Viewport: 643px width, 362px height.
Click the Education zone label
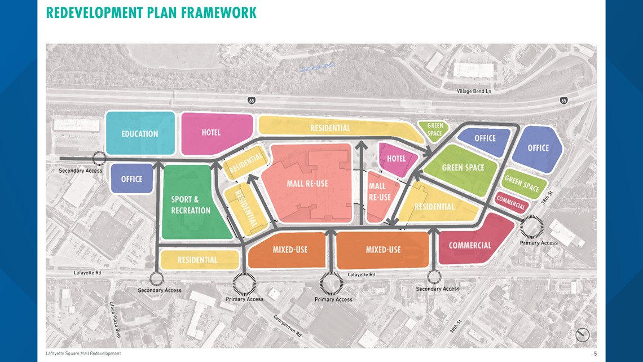tap(140, 134)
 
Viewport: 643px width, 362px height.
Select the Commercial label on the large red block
tap(470, 246)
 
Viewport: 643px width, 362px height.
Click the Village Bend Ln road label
tap(475, 91)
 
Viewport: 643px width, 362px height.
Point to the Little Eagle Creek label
tap(316, 67)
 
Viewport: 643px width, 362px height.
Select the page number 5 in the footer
tap(594, 354)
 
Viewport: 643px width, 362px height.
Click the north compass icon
tap(583, 335)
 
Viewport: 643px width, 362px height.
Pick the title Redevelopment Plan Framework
tap(151, 12)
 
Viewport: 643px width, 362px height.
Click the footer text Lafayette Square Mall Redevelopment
tap(83, 354)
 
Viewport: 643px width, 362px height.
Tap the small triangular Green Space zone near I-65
tap(434, 130)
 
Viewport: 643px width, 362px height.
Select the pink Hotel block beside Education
tap(214, 133)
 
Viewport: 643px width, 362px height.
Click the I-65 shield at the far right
tap(564, 101)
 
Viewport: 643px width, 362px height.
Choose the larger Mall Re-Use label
tap(307, 184)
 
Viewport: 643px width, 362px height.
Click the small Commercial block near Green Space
tap(511, 202)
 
